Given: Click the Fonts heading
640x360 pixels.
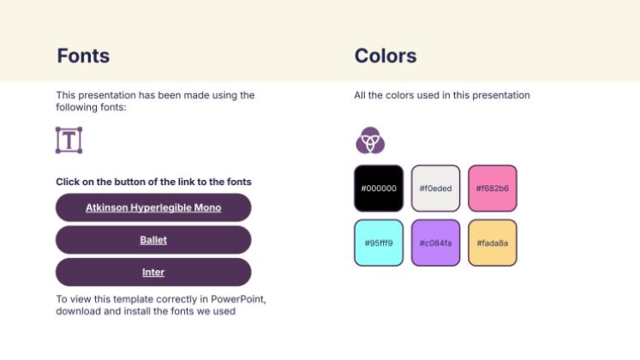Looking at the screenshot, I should click(83, 57).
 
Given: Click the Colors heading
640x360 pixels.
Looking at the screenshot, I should click(386, 57).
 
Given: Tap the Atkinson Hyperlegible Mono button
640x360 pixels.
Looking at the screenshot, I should click(153, 207).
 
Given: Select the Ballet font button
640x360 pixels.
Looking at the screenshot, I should click(153, 240).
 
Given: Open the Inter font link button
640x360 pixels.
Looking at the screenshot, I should click(153, 273).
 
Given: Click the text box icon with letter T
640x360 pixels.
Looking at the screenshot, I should click(69, 140).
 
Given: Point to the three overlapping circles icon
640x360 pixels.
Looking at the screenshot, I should click(370, 140).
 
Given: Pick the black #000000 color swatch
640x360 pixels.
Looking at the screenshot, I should click(379, 189).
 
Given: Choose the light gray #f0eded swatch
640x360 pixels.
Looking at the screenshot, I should click(435, 189).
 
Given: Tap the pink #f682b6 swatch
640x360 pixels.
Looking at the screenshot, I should click(493, 189).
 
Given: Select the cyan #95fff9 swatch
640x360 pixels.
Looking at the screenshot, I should click(379, 243).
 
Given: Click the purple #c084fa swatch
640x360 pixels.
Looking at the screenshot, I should click(435, 243).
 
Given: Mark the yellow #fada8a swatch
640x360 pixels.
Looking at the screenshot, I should click(493, 243).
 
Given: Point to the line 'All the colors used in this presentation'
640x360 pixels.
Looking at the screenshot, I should click(442, 95).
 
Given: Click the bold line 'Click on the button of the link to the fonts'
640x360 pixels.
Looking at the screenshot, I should click(153, 182).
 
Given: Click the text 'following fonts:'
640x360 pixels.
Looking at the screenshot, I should click(91, 107).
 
